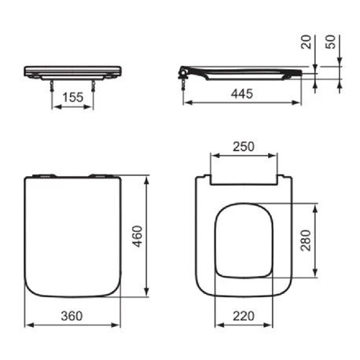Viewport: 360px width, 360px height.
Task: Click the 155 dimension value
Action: [73, 97]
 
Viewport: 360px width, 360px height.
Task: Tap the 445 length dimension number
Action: [242, 94]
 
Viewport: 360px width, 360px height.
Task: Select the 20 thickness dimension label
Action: [306, 42]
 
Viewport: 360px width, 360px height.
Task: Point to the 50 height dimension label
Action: [330, 42]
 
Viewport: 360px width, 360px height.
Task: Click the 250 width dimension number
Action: [244, 146]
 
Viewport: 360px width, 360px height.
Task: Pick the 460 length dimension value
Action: [138, 236]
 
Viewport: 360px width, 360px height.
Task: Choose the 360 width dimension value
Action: [72, 316]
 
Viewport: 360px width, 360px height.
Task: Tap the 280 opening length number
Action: [306, 241]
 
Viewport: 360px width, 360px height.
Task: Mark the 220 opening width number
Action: [244, 316]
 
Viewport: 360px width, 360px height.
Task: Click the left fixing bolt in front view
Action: [52, 86]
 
